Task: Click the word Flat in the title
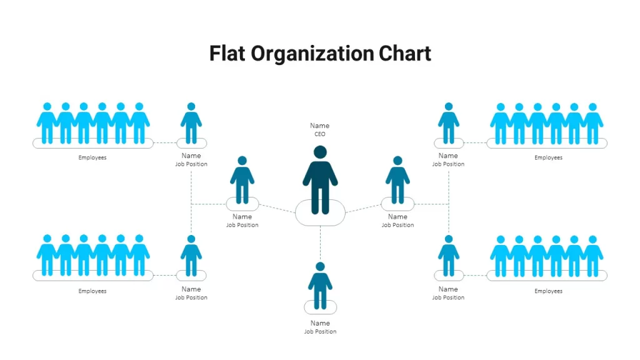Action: point(227,54)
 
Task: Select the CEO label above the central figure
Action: point(320,134)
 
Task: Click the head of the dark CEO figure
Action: point(320,152)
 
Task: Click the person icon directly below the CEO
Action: point(320,286)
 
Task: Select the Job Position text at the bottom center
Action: point(320,332)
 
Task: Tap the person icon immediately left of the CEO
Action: point(242,179)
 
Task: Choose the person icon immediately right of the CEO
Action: point(397,179)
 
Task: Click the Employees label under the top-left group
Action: point(92,157)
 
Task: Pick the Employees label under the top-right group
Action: point(548,157)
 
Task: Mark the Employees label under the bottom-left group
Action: point(92,291)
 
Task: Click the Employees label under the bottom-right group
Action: point(548,291)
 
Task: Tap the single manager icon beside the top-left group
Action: point(191,123)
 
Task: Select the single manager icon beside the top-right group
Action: point(449,123)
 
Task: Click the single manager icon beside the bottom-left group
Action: point(191,256)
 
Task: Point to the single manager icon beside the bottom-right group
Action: point(449,256)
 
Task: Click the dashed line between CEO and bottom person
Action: point(321,244)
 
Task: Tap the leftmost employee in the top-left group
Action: point(47,123)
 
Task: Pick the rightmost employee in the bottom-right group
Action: point(592,256)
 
